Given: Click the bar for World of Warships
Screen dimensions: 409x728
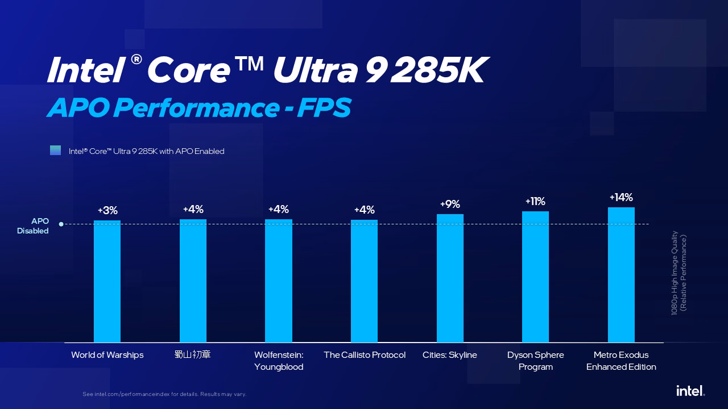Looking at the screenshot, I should click(x=107, y=281).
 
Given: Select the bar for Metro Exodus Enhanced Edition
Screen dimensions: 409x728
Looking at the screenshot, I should click(x=621, y=275).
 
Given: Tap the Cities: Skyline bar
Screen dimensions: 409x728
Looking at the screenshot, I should click(x=450, y=278).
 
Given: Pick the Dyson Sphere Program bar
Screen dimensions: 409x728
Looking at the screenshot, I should click(x=535, y=277).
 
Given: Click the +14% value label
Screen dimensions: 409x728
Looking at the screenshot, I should click(x=621, y=198).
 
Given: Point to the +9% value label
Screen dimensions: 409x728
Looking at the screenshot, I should click(x=450, y=204).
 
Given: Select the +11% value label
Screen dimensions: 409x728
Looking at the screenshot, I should click(x=535, y=202).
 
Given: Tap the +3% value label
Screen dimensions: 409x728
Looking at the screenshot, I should click(x=107, y=211).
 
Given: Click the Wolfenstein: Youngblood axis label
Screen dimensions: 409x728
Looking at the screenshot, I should click(x=279, y=361).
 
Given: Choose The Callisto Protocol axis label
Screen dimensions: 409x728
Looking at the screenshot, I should click(x=365, y=355).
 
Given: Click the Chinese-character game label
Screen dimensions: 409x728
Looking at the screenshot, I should click(x=193, y=355).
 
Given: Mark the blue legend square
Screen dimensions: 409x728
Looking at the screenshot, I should click(x=55, y=151).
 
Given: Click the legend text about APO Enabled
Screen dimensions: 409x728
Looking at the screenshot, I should click(x=147, y=151).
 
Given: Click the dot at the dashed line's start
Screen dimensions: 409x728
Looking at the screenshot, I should click(x=61, y=224).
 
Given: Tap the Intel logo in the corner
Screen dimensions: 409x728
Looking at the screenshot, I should click(x=690, y=390).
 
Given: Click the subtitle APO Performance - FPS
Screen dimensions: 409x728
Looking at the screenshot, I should click(x=198, y=108).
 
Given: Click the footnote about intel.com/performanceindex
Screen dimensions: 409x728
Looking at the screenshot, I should click(x=164, y=394).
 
